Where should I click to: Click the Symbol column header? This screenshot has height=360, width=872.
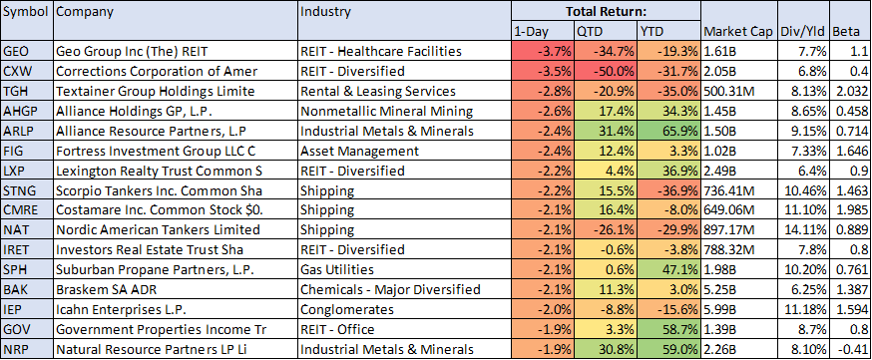click(x=27, y=11)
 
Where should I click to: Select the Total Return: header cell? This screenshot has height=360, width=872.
click(x=606, y=11)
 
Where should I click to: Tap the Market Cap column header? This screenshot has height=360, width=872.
click(x=737, y=32)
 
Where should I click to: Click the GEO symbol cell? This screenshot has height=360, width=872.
click(x=15, y=52)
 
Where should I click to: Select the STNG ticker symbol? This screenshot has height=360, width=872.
click(x=20, y=190)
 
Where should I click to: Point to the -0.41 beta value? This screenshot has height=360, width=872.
click(x=853, y=349)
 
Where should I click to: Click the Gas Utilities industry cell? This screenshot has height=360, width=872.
click(x=337, y=270)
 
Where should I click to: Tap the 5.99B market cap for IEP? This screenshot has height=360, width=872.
click(x=720, y=309)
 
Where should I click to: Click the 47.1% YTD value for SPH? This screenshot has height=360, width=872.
click(x=680, y=270)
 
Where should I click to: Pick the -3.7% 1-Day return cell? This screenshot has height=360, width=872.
click(x=555, y=52)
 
